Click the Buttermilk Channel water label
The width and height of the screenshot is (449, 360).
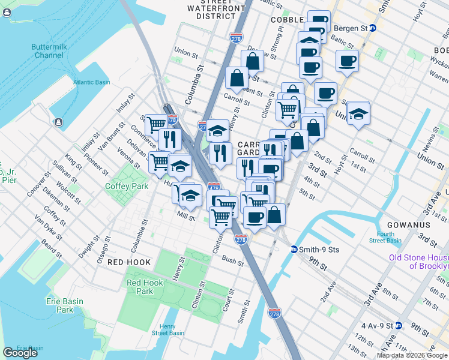click(49, 51)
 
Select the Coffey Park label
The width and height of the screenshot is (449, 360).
click(127, 186)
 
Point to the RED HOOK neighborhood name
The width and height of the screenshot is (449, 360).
click(128, 262)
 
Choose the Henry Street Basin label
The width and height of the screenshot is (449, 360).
click(168, 329)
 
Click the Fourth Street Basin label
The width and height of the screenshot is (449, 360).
click(385, 238)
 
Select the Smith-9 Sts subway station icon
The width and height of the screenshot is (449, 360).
click(294, 249)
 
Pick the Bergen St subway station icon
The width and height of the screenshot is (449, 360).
click(373, 28)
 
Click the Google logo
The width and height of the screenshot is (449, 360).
click(20, 353)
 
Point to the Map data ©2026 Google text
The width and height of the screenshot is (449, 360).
click(412, 355)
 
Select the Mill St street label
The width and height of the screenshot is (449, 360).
click(185, 215)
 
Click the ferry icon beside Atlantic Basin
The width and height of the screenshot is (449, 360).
click(58, 122)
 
